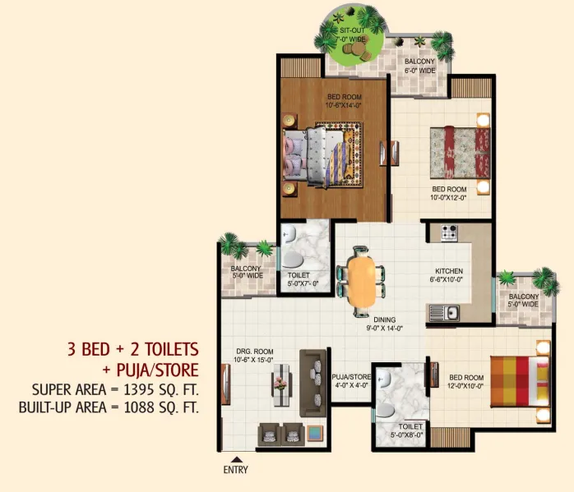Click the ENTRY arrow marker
(x=237, y=459)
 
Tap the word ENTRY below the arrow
(x=235, y=470)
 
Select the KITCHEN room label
(x=449, y=271)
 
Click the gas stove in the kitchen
(x=449, y=232)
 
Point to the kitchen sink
(x=444, y=313)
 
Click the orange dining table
(x=361, y=282)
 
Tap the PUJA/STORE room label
(x=351, y=377)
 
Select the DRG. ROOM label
(x=255, y=352)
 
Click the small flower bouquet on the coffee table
(x=281, y=384)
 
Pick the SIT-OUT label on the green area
(x=352, y=30)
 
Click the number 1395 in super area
(x=139, y=389)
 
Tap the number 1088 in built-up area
(x=140, y=407)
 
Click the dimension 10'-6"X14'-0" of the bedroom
(x=344, y=106)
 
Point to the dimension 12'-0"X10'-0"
(x=465, y=386)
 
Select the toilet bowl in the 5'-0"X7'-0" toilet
(x=293, y=260)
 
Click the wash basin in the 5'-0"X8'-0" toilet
(x=383, y=379)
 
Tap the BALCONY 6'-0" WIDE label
(x=420, y=66)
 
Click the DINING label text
(x=384, y=320)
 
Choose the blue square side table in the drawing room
(x=315, y=434)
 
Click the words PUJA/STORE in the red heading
(x=158, y=370)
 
